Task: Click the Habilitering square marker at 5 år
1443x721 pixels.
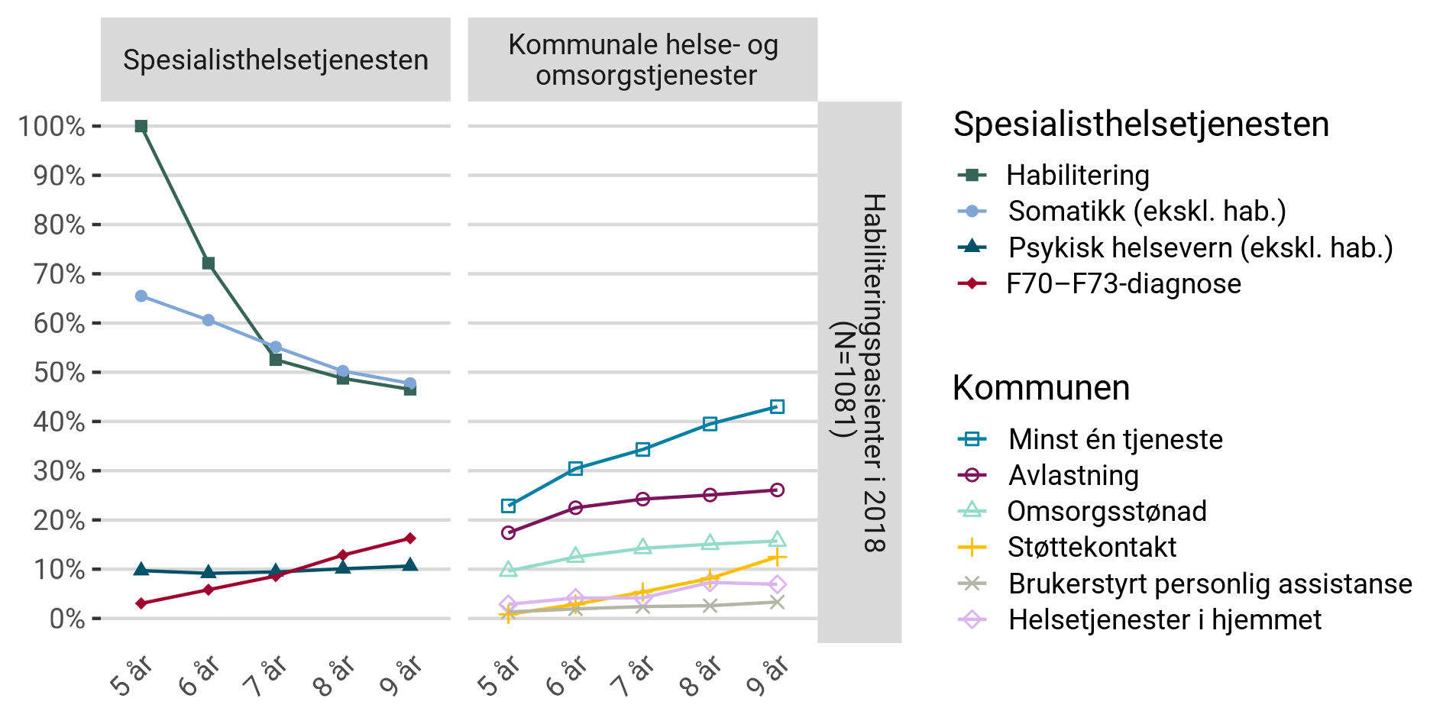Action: (x=141, y=126)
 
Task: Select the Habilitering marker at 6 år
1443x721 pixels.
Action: (x=209, y=264)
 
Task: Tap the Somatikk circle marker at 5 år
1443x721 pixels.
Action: (x=141, y=296)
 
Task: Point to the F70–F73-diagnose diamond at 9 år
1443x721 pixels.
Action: (x=410, y=538)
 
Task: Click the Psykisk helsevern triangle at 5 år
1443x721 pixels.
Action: (x=141, y=570)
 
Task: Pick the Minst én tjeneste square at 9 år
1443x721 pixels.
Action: (x=777, y=407)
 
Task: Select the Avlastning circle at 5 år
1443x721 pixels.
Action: (x=509, y=532)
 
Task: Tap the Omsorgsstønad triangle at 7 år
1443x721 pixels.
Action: (x=642, y=547)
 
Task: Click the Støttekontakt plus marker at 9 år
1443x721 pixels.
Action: (x=777, y=558)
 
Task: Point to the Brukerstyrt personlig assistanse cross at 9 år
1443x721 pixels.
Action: (x=777, y=602)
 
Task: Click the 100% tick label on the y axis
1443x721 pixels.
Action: (x=52, y=127)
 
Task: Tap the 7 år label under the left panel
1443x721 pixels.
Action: (x=266, y=676)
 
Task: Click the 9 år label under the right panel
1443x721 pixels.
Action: (x=768, y=676)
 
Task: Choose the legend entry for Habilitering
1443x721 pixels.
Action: (x=1077, y=176)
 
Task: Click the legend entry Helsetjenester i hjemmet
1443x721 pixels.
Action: (x=1164, y=620)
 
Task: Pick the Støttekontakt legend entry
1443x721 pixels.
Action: (x=1091, y=548)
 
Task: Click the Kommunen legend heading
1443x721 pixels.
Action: (x=1040, y=388)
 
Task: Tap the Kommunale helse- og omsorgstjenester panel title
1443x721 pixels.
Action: (x=642, y=60)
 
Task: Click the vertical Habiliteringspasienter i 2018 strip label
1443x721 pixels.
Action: (x=861, y=372)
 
